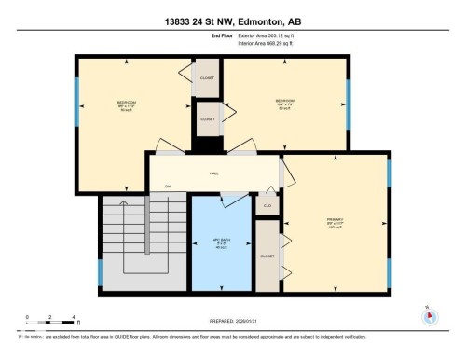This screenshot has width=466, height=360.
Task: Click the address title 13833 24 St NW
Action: click(x=232, y=9)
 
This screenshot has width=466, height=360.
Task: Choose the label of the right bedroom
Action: click(x=285, y=103)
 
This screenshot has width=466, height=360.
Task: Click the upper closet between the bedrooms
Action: click(x=206, y=78)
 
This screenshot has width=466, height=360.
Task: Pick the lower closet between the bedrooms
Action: click(x=207, y=119)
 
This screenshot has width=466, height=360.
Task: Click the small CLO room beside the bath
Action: click(x=267, y=205)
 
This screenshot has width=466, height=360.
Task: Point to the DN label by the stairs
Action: click(x=169, y=187)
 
